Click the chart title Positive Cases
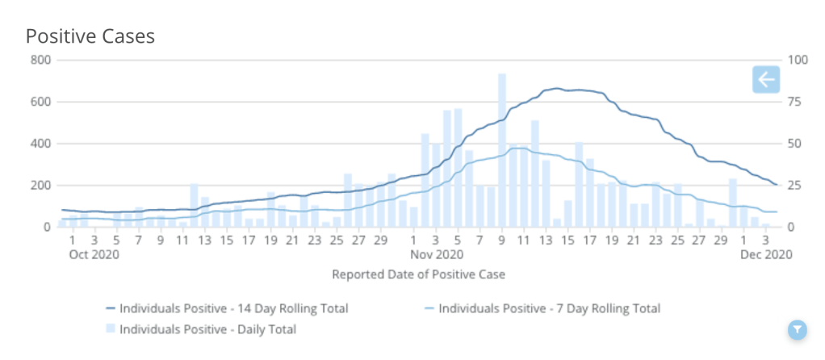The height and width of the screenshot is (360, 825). pyautogui.click(x=90, y=36)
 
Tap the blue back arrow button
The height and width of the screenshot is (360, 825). pyautogui.click(x=765, y=79)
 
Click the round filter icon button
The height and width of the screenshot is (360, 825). pyautogui.click(x=797, y=329)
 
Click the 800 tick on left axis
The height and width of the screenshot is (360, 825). pyautogui.click(x=41, y=61)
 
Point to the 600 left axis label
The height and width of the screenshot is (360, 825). pyautogui.click(x=41, y=103)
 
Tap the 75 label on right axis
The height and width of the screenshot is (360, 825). pyautogui.click(x=796, y=103)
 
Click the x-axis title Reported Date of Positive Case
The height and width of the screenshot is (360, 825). pyautogui.click(x=419, y=274)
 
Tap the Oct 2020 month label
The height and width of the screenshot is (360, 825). pyautogui.click(x=94, y=254)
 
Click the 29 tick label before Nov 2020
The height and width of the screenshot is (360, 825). pyautogui.click(x=380, y=240)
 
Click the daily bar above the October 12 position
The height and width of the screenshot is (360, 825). pyautogui.click(x=194, y=206)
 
